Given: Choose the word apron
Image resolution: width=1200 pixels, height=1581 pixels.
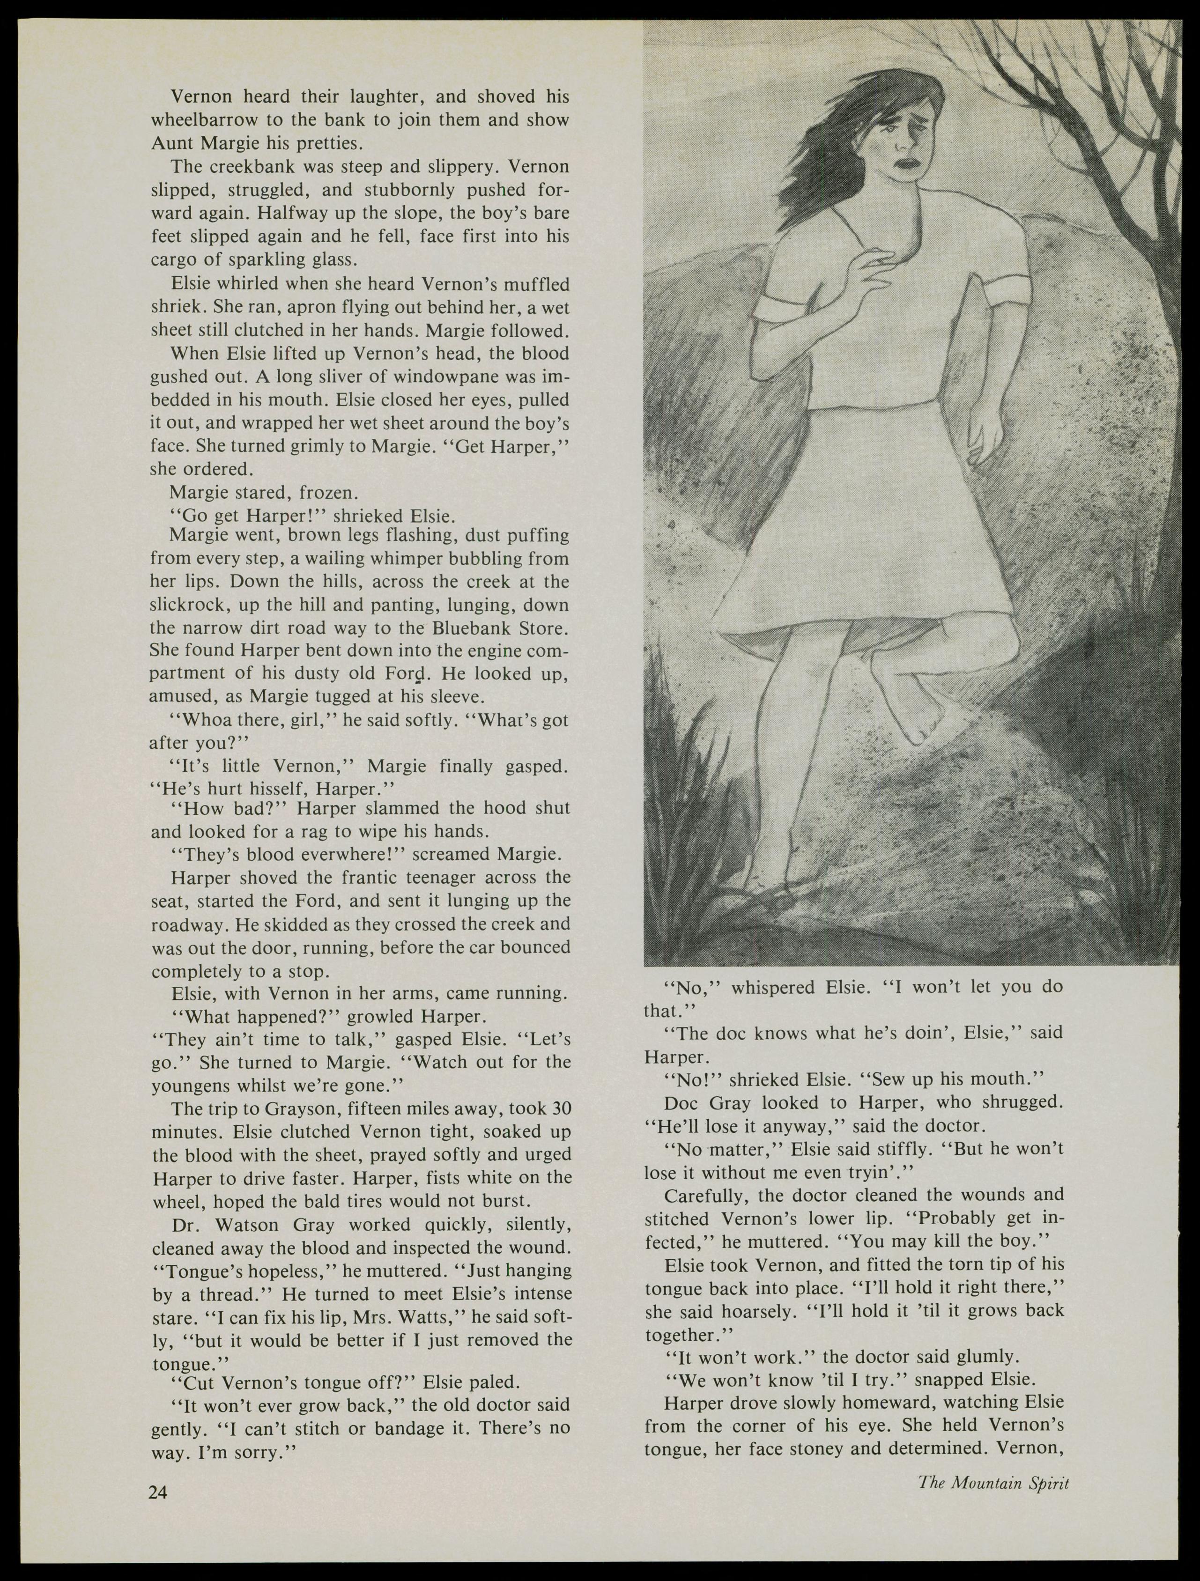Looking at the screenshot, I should point(306,307).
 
